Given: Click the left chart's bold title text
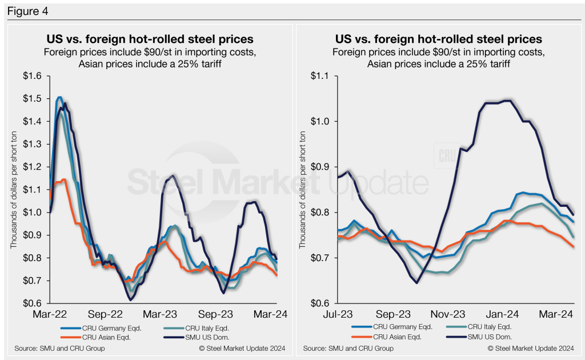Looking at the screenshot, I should [150, 39].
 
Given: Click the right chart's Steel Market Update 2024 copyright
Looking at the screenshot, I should [530, 348].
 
